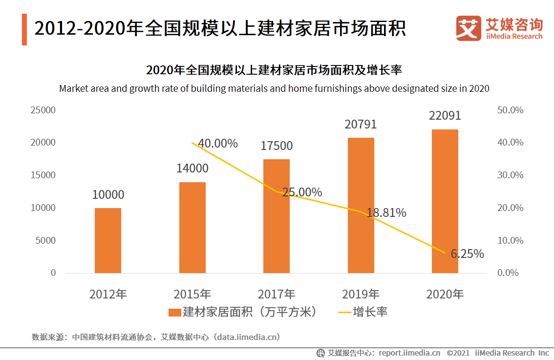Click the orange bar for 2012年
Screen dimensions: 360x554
(108, 240)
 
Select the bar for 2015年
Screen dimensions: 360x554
(192, 228)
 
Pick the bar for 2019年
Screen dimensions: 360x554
(361, 205)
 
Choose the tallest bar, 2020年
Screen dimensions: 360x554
(445, 201)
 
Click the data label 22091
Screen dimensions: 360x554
(445, 116)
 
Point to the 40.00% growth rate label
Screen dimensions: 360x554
(218, 144)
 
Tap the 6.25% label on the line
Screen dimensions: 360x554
(467, 254)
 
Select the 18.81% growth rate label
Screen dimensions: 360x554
(386, 213)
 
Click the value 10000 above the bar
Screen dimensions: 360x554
(108, 195)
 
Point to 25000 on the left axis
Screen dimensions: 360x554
(43, 110)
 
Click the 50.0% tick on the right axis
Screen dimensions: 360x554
(510, 110)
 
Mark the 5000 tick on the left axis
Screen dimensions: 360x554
(46, 240)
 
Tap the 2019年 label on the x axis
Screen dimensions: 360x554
(361, 294)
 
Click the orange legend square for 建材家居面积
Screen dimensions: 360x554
(174, 312)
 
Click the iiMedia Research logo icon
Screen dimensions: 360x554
(469, 29)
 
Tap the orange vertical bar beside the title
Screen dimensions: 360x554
(24, 29)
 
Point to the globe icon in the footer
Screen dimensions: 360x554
(320, 353)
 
